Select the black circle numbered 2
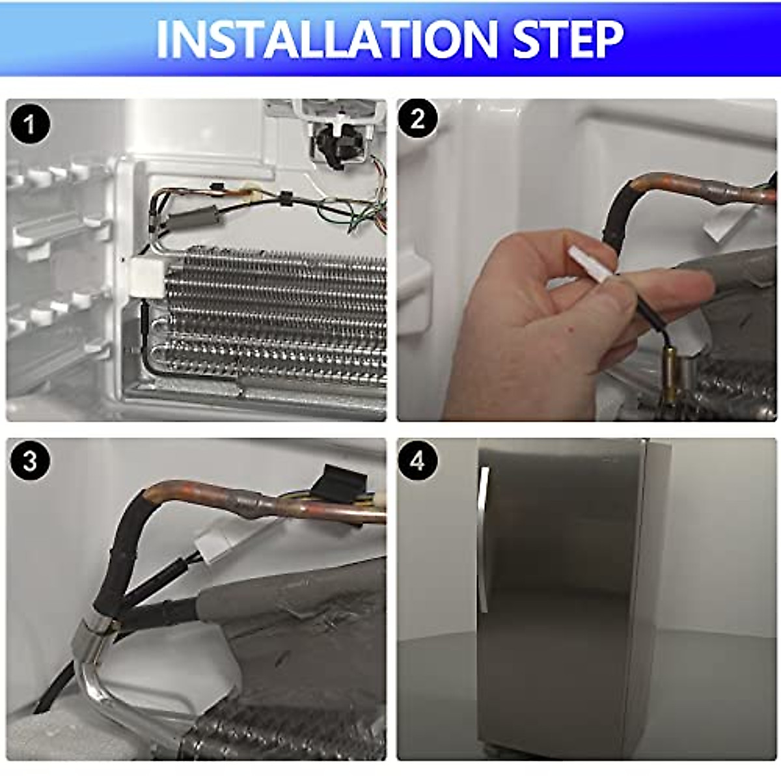click(418, 120)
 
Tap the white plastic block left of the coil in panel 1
click(148, 278)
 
